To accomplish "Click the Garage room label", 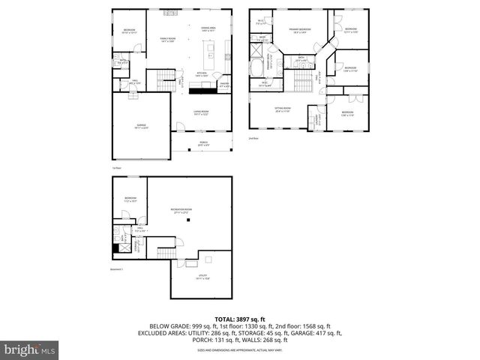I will click(x=141, y=127).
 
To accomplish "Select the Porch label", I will click(x=202, y=144).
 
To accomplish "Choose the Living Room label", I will click(x=200, y=112).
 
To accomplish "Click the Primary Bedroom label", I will click(x=300, y=31).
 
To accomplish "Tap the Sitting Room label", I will click(x=283, y=111).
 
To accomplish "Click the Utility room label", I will click(x=202, y=277).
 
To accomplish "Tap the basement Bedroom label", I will click(x=130, y=199).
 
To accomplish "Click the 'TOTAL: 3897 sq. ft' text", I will click(x=239, y=318).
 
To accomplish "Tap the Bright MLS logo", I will click(x=30, y=349).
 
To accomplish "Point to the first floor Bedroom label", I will click(x=129, y=31).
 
